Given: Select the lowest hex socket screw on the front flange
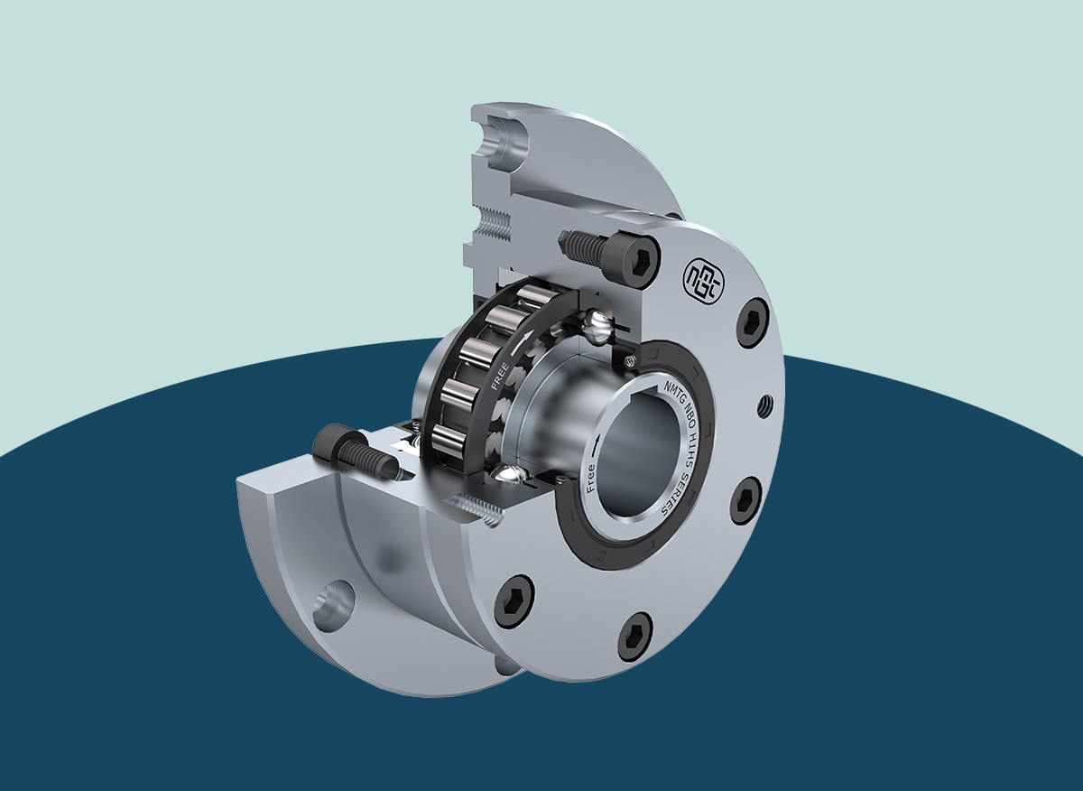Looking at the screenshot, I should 634,636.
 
